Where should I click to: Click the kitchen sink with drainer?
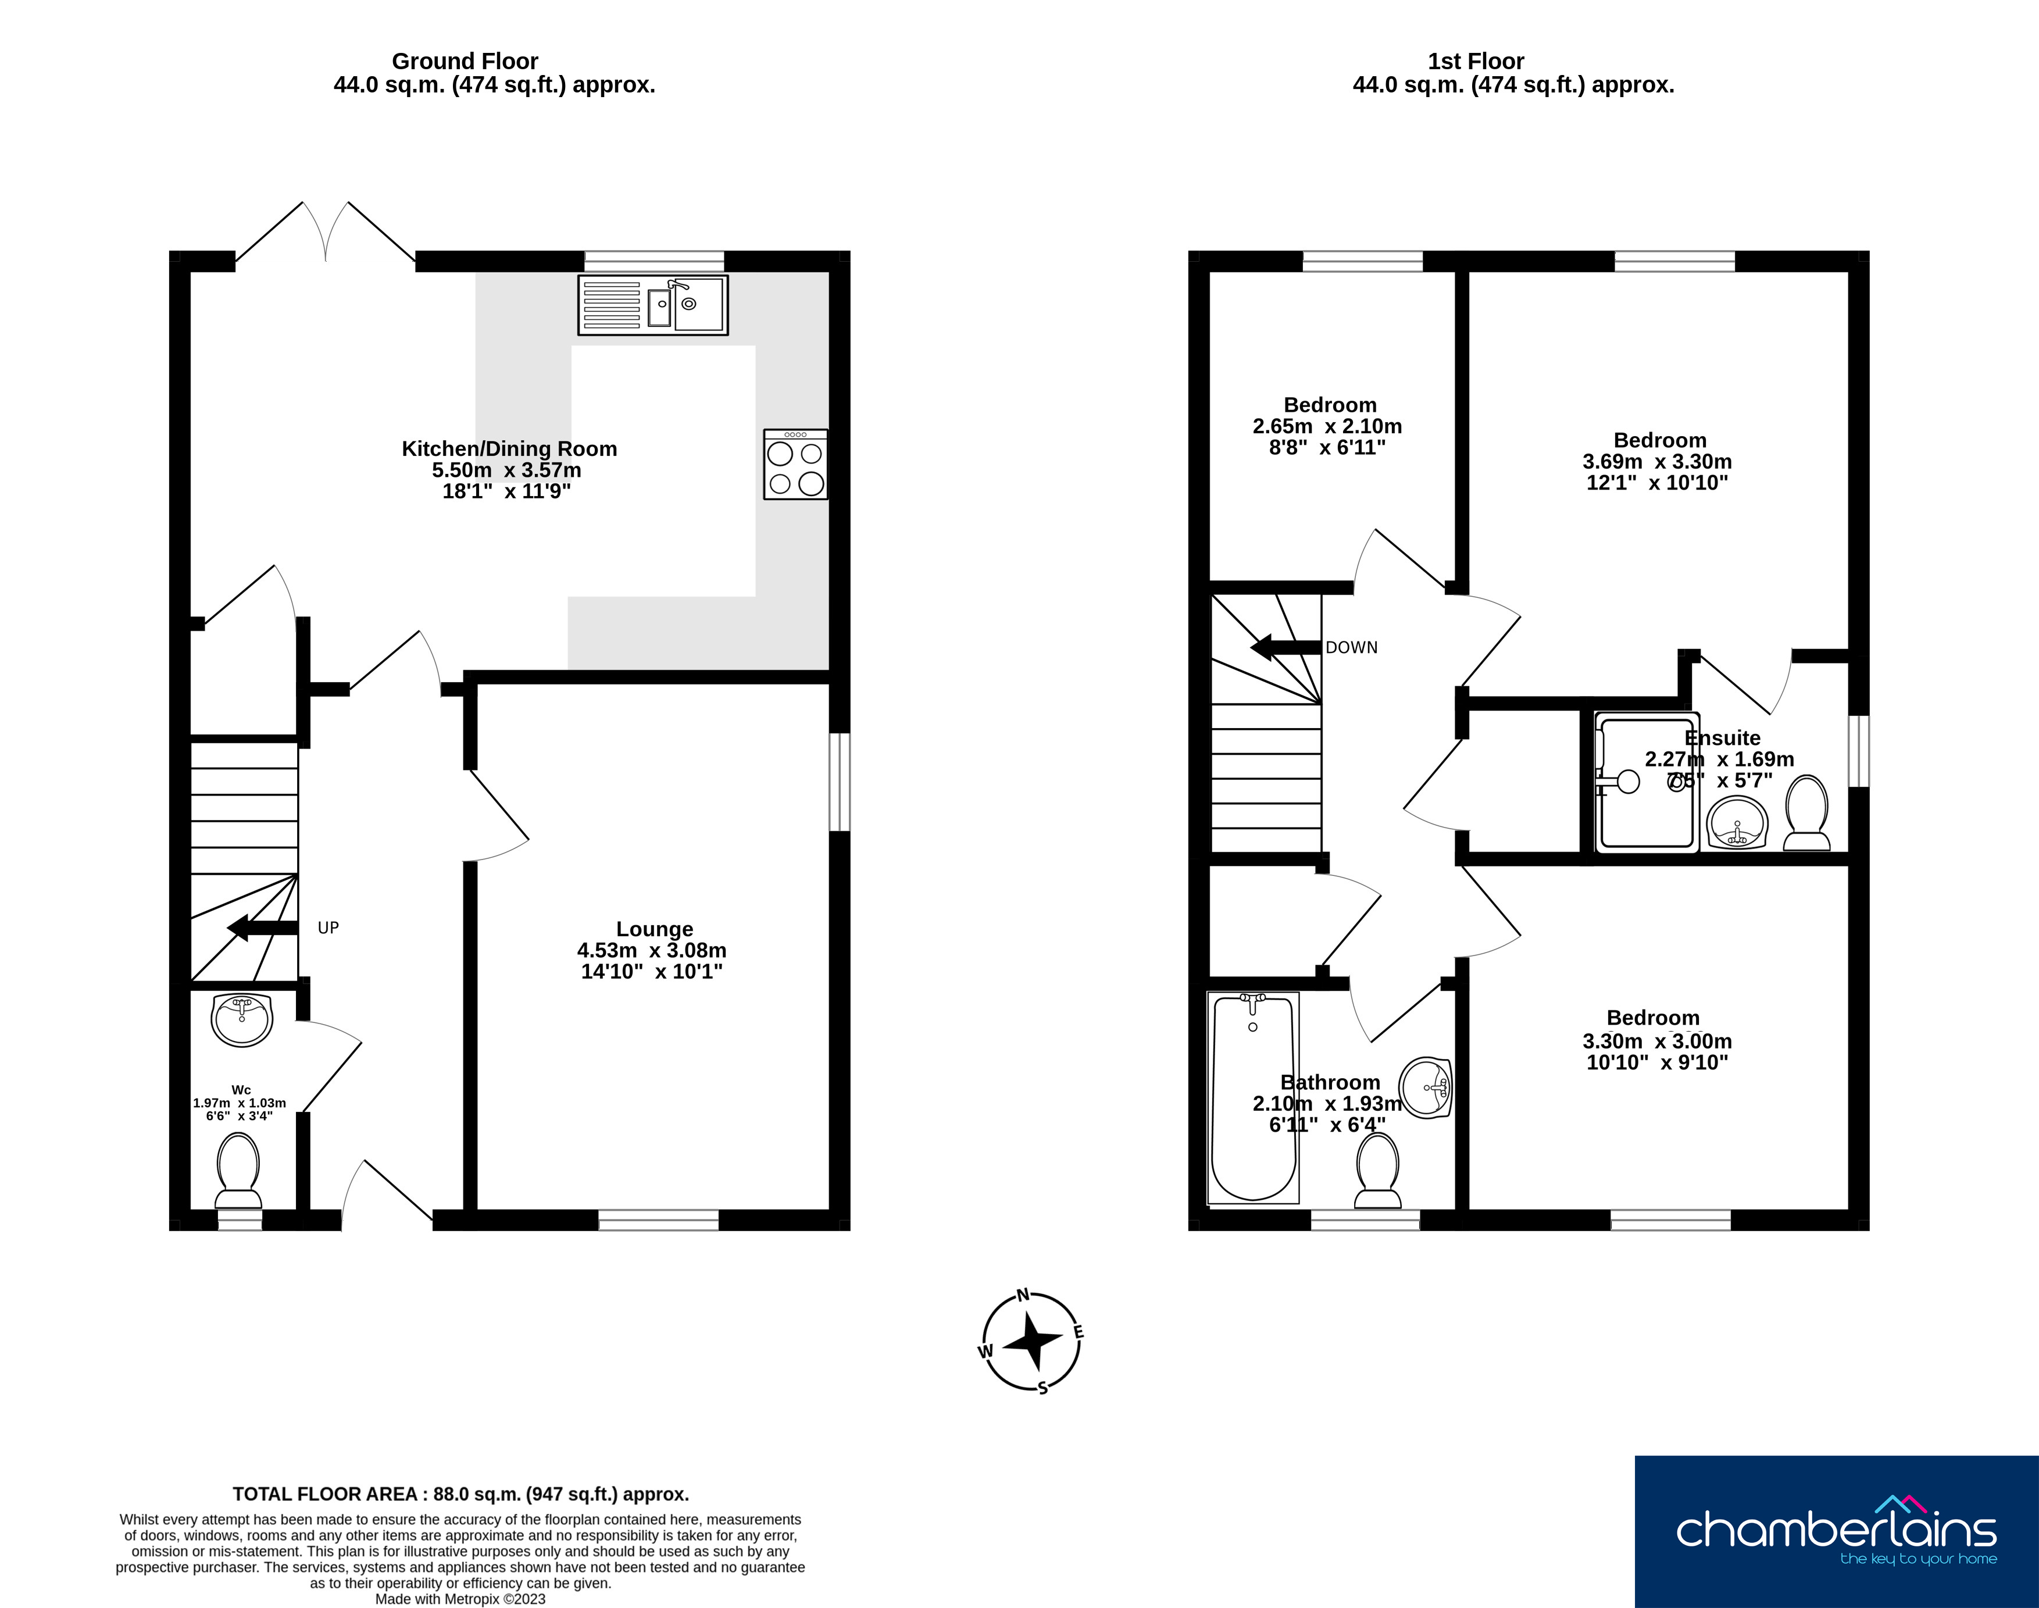652,305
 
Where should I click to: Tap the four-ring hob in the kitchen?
795,464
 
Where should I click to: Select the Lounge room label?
654,929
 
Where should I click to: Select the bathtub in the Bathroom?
1253,1098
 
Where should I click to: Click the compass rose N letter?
1023,1296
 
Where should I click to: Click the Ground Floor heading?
465,61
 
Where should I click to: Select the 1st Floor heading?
1475,61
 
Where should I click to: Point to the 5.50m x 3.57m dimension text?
506,470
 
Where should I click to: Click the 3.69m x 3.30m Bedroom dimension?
1657,461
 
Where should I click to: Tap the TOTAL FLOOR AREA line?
460,1494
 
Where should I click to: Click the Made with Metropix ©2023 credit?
460,1599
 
